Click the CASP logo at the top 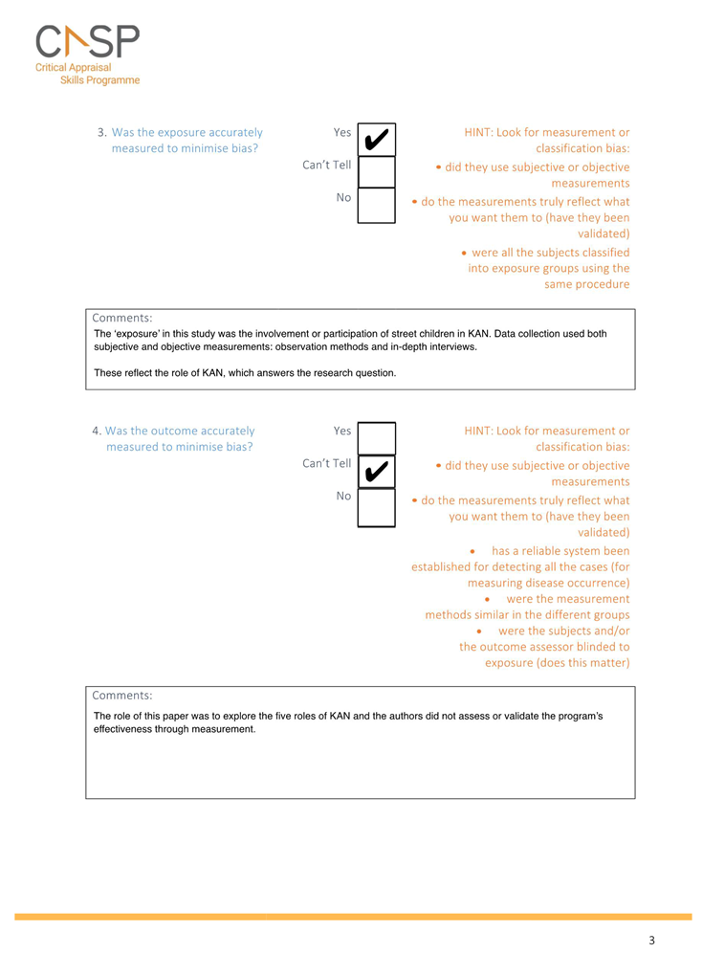point(87,42)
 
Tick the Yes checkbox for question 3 point(376,140)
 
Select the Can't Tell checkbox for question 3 point(376,172)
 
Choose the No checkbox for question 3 point(376,205)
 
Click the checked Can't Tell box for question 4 point(376,471)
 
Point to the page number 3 point(651,941)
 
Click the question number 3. point(101,133)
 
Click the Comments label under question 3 point(121,318)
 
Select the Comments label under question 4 point(121,696)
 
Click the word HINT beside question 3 point(481,133)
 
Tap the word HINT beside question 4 point(481,432)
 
